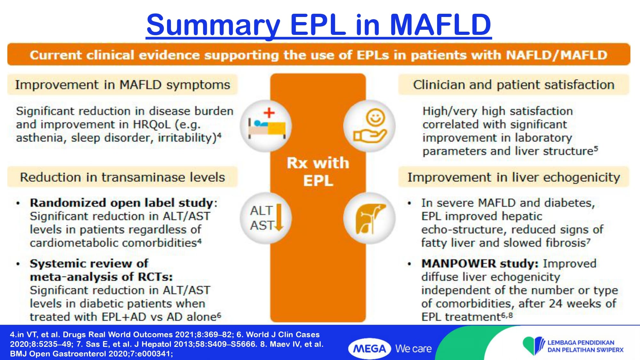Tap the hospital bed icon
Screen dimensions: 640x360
click(267, 128)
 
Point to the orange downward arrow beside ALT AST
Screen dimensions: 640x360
click(279, 217)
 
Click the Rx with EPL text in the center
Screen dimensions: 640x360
click(318, 172)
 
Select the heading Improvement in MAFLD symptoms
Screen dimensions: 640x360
click(123, 85)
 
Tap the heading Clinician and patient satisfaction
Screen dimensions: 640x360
click(514, 85)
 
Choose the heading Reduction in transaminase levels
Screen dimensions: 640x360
click(123, 177)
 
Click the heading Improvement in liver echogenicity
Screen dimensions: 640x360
click(514, 177)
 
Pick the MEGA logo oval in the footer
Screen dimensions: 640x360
click(370, 348)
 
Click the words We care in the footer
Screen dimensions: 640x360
click(413, 349)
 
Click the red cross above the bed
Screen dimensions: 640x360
click(269, 113)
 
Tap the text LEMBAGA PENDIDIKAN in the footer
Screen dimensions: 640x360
click(581, 343)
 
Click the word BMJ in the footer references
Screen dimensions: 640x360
click(18, 354)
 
